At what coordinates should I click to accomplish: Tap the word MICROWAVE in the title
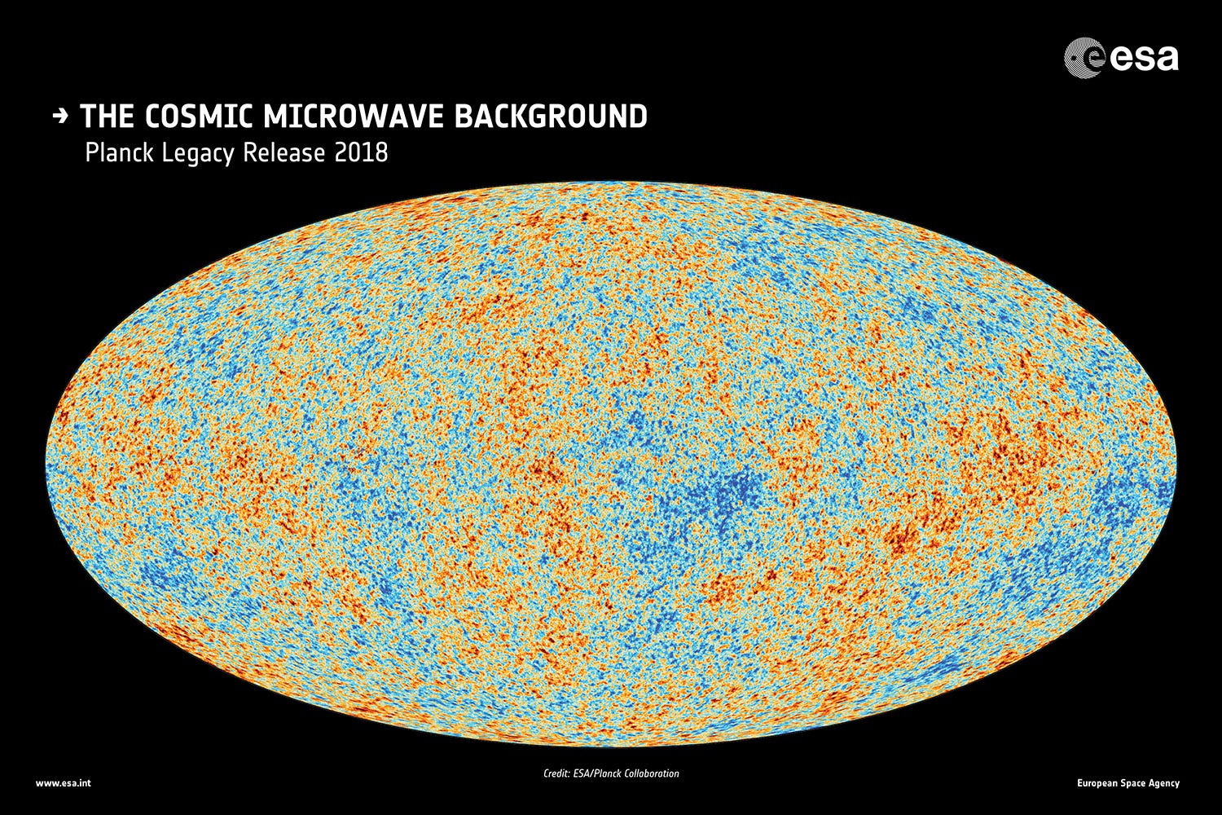[354, 117]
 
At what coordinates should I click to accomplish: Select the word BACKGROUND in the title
[550, 117]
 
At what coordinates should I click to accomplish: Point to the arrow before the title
[59, 117]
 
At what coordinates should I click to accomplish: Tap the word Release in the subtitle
[286, 153]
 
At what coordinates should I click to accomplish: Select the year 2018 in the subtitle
[362, 153]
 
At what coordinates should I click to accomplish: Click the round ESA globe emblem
[1084, 59]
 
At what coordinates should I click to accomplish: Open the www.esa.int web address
[63, 784]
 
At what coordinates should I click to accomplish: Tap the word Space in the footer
[1136, 784]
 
